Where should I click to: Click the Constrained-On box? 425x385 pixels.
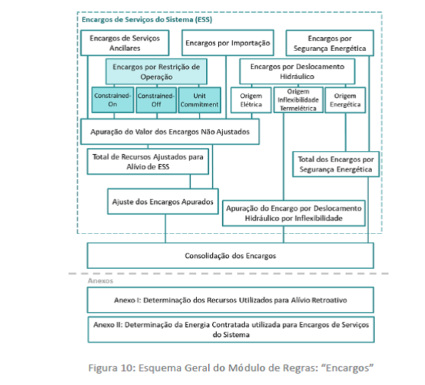(113, 100)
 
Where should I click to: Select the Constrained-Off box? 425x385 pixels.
(156, 100)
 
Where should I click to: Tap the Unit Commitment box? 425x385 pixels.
(199, 100)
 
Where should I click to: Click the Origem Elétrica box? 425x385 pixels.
(251, 100)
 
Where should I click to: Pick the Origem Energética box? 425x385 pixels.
(345, 100)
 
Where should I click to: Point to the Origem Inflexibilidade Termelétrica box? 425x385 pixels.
(298, 100)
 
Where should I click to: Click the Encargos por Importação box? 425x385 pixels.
(227, 43)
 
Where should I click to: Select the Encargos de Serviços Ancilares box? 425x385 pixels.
(125, 43)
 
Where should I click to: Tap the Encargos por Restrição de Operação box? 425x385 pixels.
(157, 71)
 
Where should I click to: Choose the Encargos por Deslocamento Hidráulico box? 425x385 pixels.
(297, 71)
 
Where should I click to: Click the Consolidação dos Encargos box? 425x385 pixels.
(230, 256)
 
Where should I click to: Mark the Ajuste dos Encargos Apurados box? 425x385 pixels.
(163, 201)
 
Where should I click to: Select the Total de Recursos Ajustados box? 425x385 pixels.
(148, 161)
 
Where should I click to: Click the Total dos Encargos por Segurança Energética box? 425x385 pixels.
(336, 164)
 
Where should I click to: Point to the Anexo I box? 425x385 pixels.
(230, 300)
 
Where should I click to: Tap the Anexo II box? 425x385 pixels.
(231, 330)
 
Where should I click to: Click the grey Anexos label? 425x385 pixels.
(100, 281)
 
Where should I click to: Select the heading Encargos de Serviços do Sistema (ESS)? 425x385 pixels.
(147, 20)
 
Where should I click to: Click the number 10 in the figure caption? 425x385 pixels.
(127, 368)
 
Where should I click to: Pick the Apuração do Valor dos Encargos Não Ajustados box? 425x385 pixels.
(170, 131)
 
